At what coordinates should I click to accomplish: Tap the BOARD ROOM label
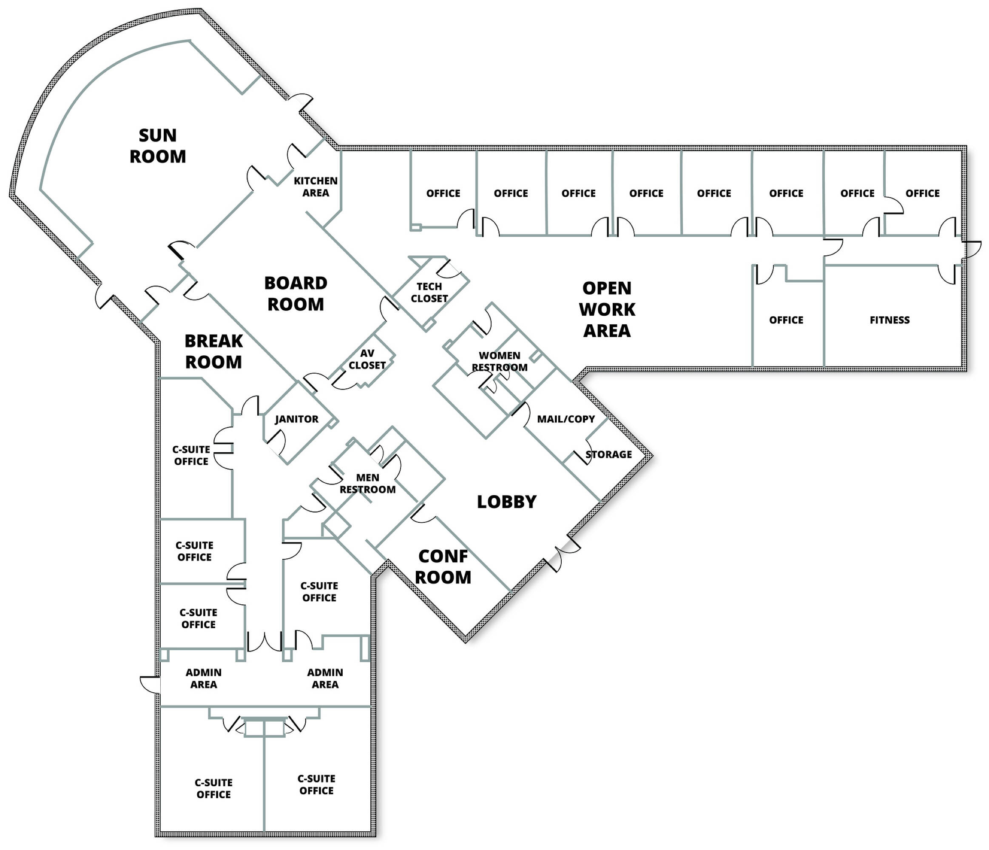coord(296,294)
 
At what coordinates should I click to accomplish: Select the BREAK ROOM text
coord(213,351)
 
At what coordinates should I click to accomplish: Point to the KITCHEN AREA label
coord(315,187)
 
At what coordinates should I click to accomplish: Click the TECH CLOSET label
coord(429,292)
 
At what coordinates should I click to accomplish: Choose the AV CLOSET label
coord(367,359)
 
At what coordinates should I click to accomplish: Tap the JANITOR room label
coord(296,419)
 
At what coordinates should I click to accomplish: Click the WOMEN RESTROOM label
coord(500,361)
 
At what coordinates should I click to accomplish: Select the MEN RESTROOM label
coord(367,483)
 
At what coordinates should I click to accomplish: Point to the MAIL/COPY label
coord(566,419)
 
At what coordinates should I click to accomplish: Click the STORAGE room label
coord(608,454)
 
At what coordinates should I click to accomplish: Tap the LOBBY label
coord(507,501)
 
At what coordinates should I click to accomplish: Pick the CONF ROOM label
coord(443,567)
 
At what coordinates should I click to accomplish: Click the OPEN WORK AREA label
coord(607,309)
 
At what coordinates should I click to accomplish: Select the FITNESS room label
coord(890,320)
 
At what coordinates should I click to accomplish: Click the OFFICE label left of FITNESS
coord(786,320)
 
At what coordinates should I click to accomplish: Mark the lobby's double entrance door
coord(563,553)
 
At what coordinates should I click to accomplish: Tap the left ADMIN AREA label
coord(203,678)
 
